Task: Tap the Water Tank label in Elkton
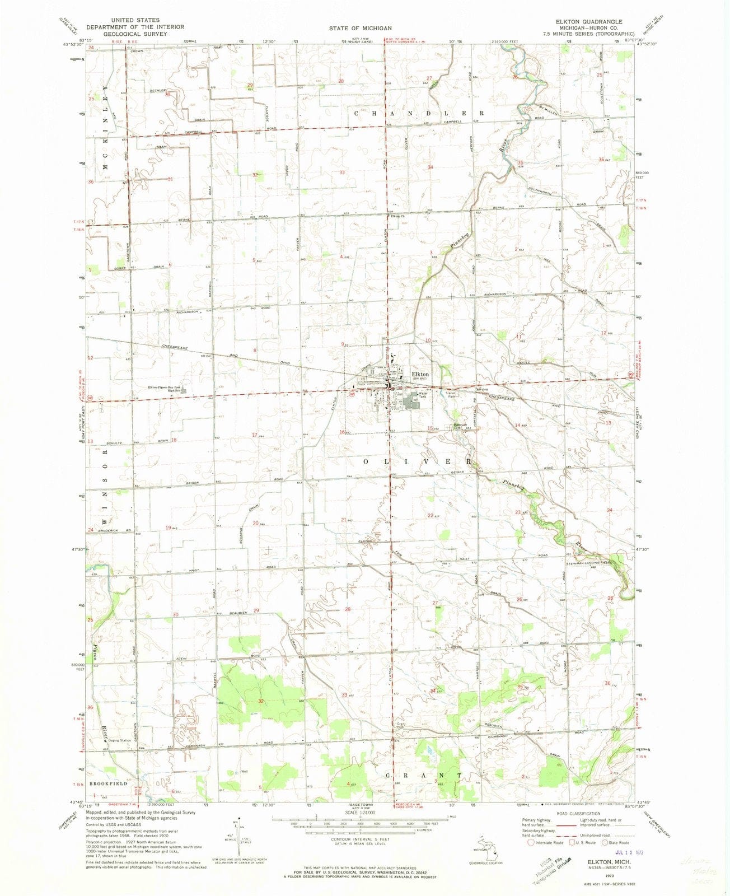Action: [x=423, y=395]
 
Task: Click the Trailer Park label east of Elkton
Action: [x=446, y=394]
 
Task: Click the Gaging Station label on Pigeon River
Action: [x=119, y=740]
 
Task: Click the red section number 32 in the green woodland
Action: [x=260, y=701]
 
